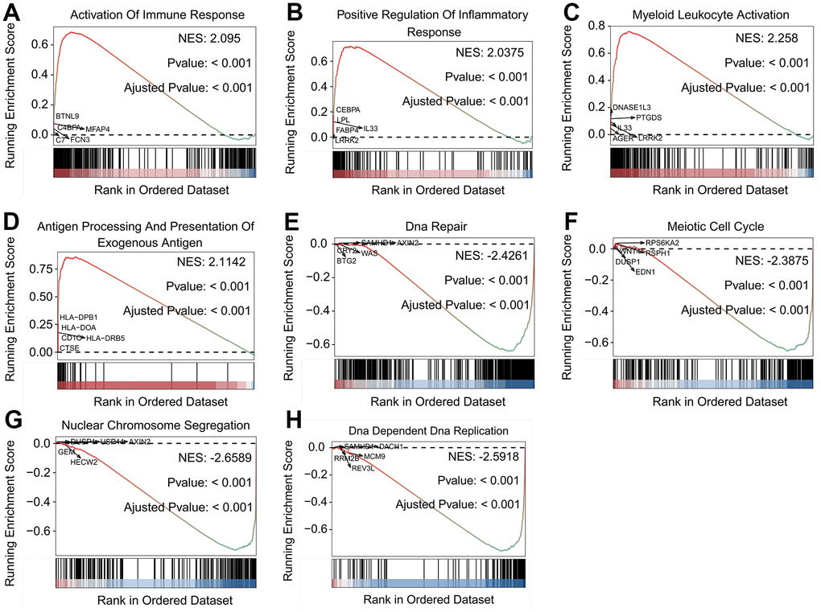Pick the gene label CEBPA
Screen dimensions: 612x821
coord(349,109)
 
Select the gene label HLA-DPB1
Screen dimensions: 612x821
coord(78,317)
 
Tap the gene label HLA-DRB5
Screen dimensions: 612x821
coord(105,338)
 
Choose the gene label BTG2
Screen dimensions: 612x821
coord(347,260)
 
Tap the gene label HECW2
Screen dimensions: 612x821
coord(84,462)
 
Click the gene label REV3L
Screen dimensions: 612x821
coord(363,467)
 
